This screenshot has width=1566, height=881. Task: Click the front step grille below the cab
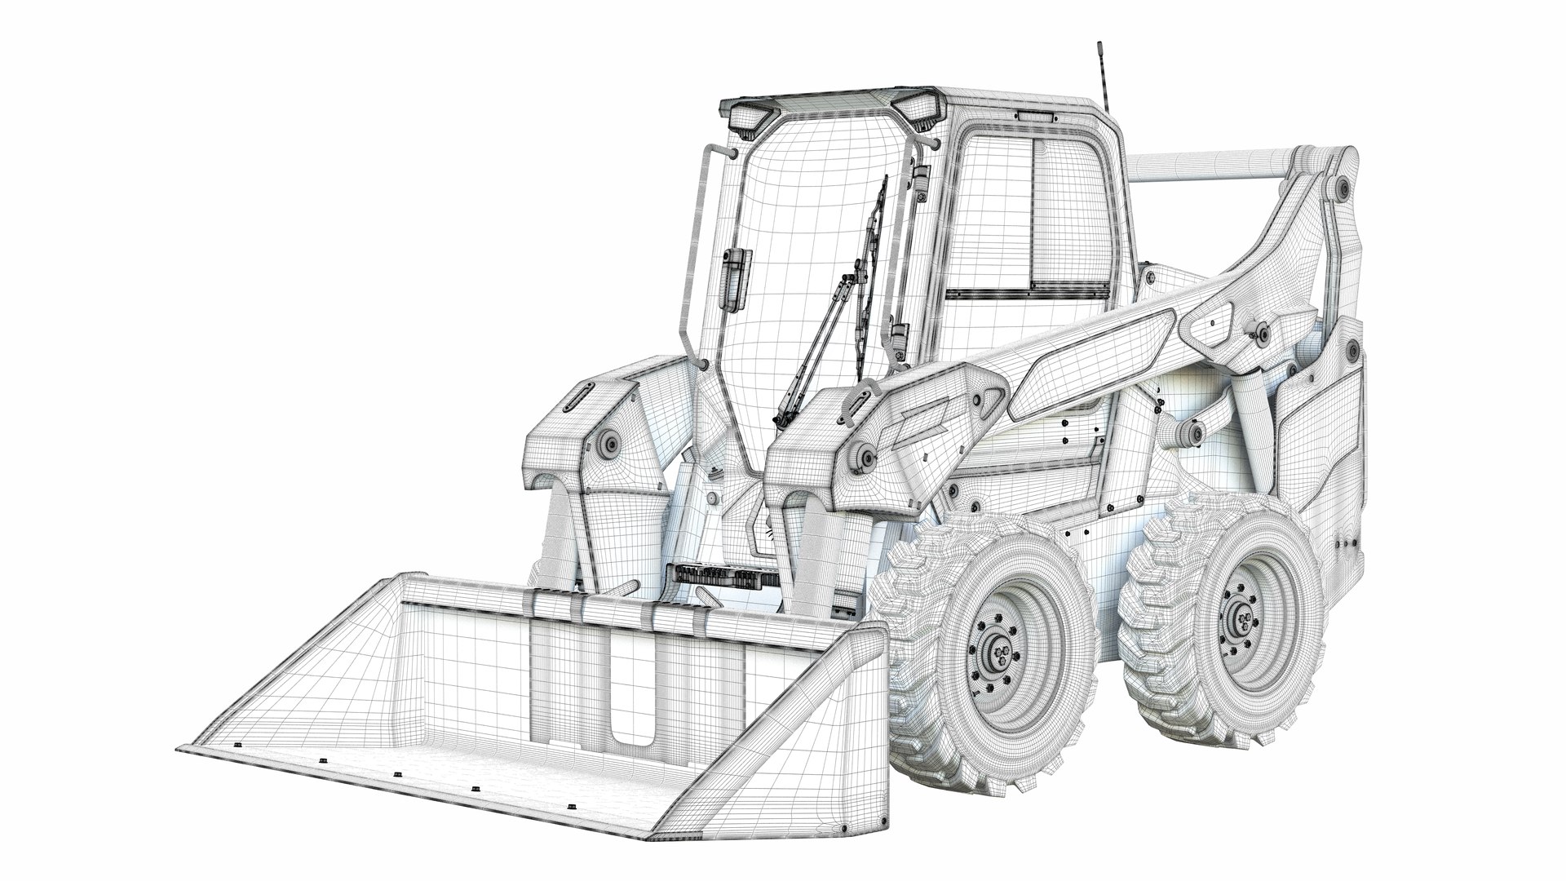point(721,576)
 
